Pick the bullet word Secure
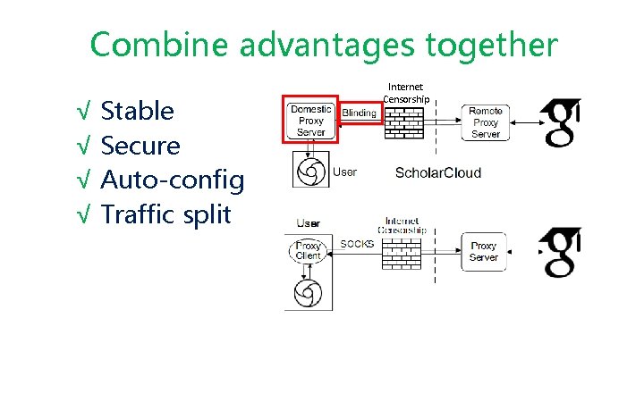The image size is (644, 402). tap(140, 146)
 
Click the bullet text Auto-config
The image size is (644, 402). tap(172, 180)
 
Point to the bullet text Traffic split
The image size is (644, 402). tap(165, 214)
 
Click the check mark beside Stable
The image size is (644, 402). tap(83, 113)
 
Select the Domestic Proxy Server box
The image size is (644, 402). tap(310, 121)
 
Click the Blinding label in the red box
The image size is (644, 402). tap(359, 113)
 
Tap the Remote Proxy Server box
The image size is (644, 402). tap(486, 121)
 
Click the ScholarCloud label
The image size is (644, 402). tap(437, 172)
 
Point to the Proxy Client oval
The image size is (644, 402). tap(308, 250)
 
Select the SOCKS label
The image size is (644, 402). tap(357, 244)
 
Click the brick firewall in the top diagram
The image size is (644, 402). tap(404, 122)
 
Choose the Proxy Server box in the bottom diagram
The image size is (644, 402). tap(484, 251)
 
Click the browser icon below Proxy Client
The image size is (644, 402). tap(308, 293)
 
